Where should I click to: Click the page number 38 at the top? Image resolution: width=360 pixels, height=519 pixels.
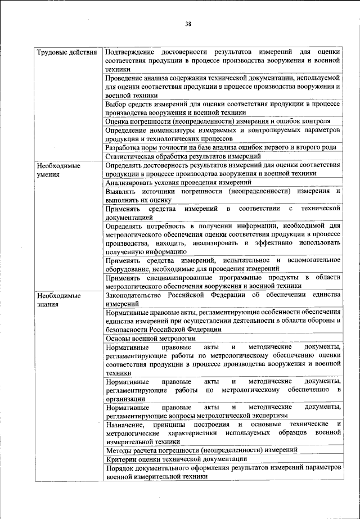coord(188,24)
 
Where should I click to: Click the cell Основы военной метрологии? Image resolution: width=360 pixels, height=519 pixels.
coord(150,339)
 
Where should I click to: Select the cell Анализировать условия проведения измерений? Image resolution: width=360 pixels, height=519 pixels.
coord(178,182)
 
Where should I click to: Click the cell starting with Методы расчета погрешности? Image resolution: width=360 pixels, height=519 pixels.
coord(201,449)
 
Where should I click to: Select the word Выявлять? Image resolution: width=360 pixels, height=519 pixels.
coord(121,192)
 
